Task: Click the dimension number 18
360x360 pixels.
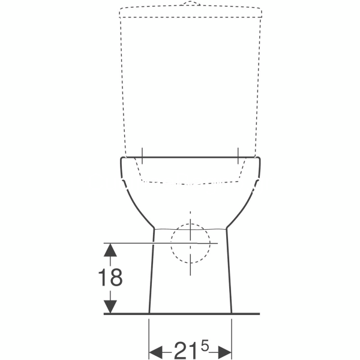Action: (x=110, y=277)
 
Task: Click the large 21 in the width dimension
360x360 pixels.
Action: (x=185, y=350)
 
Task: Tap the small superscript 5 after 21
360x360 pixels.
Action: (x=205, y=346)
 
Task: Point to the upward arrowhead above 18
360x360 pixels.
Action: (x=110, y=250)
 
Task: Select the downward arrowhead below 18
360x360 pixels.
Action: (x=110, y=307)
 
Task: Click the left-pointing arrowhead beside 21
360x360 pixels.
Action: (x=156, y=352)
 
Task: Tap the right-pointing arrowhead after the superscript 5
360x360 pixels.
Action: (x=225, y=352)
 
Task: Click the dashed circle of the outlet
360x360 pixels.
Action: (x=171, y=244)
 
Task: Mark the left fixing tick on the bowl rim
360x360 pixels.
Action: (x=142, y=155)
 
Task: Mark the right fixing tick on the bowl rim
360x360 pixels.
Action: (x=238, y=155)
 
